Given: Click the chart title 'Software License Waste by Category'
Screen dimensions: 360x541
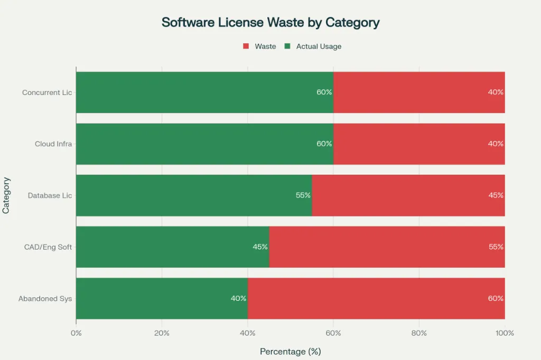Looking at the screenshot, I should coord(270,23).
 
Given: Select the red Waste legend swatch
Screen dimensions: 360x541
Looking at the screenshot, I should coord(246,46).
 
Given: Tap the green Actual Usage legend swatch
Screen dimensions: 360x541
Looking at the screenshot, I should coord(287,46).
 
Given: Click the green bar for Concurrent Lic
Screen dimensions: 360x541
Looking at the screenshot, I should coord(204,92).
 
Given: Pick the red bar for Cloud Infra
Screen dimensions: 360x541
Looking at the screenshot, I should coord(419,144).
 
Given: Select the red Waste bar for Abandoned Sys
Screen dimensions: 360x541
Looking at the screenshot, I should coord(376,298).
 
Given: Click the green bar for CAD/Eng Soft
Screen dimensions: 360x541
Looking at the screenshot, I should coord(172,247).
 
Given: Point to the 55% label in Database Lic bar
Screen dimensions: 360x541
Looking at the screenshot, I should coord(303,195).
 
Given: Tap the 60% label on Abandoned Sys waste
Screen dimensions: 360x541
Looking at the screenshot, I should coord(495,298).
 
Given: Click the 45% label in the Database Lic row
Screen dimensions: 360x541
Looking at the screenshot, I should coord(495,195).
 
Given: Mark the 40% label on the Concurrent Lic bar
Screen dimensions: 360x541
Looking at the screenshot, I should coord(495,92).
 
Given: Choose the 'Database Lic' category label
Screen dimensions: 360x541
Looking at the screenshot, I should coord(50,195).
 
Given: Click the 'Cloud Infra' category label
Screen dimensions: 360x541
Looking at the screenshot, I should coord(53,144).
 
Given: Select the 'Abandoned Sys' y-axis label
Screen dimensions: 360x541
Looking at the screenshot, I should coord(45,298).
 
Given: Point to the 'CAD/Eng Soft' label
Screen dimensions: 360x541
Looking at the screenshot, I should coord(48,247).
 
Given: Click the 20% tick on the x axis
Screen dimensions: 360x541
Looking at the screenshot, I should coord(162,333).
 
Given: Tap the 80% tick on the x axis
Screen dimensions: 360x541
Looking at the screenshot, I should coord(419,333).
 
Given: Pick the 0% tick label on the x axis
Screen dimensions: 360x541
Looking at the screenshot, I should coord(76,333).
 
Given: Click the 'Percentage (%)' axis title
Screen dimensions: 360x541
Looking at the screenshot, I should coord(290,351).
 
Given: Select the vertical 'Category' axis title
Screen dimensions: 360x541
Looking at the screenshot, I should coord(6,195).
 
